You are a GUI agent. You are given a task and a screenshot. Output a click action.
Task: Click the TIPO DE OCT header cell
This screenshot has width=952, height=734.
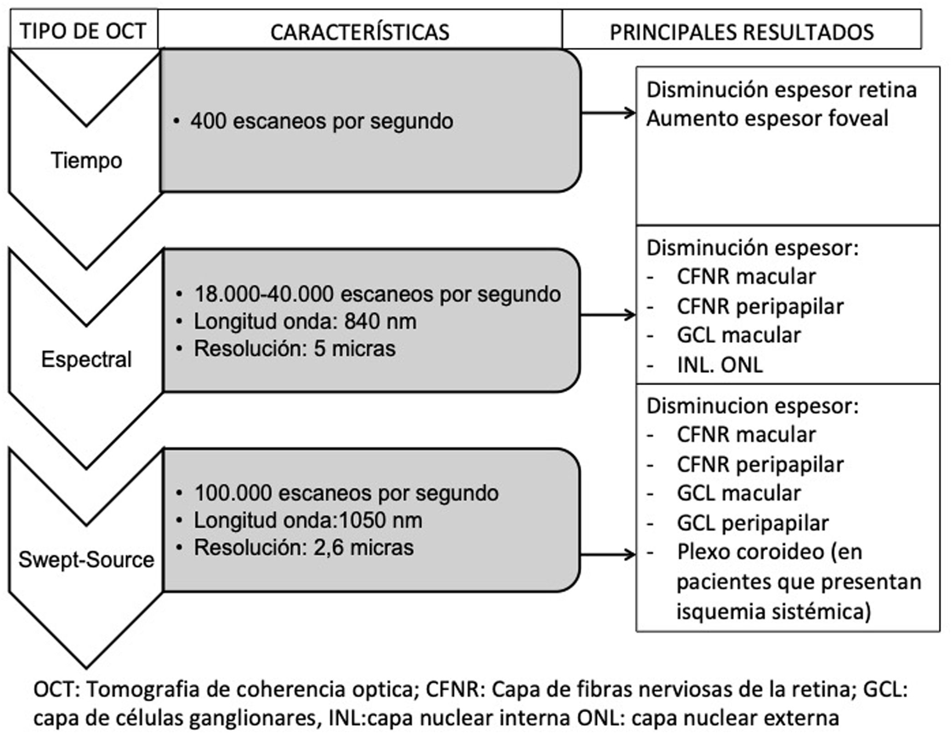(x=83, y=31)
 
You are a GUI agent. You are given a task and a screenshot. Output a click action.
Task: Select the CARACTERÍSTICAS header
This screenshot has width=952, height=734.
(x=360, y=32)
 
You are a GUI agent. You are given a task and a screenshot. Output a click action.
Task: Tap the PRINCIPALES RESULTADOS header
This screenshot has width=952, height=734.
(x=741, y=32)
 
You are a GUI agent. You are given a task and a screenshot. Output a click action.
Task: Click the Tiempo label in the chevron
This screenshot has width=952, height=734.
(x=87, y=161)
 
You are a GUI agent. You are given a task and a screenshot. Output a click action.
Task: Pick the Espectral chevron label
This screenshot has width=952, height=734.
(x=87, y=359)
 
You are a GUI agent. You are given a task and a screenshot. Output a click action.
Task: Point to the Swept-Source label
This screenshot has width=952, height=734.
(x=87, y=560)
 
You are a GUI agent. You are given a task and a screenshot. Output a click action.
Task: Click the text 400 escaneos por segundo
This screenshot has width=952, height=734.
(x=321, y=122)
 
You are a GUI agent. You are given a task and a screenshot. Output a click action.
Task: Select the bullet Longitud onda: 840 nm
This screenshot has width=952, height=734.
(x=305, y=321)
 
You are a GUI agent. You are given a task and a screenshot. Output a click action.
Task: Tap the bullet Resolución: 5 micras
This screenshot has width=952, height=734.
(x=295, y=349)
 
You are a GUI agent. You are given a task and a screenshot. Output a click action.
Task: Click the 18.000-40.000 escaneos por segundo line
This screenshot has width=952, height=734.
(x=377, y=294)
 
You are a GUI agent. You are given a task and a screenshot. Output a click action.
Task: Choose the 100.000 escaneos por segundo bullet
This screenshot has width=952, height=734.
(x=346, y=493)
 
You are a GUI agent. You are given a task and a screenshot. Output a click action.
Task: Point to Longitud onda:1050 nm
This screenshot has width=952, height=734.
(x=308, y=520)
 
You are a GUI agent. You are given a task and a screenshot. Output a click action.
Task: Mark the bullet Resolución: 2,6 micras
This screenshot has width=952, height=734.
(x=304, y=548)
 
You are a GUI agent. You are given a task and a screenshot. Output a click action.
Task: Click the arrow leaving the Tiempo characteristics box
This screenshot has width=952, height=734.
(x=608, y=113)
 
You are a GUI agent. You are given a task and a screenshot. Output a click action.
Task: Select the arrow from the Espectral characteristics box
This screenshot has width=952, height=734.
(x=608, y=315)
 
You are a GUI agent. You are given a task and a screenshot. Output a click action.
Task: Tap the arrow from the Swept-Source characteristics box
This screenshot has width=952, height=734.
(x=608, y=555)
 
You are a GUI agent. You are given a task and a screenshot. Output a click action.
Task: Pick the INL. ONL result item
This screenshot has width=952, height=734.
(x=719, y=365)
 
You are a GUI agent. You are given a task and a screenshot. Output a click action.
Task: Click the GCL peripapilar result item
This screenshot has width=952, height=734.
(x=752, y=523)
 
